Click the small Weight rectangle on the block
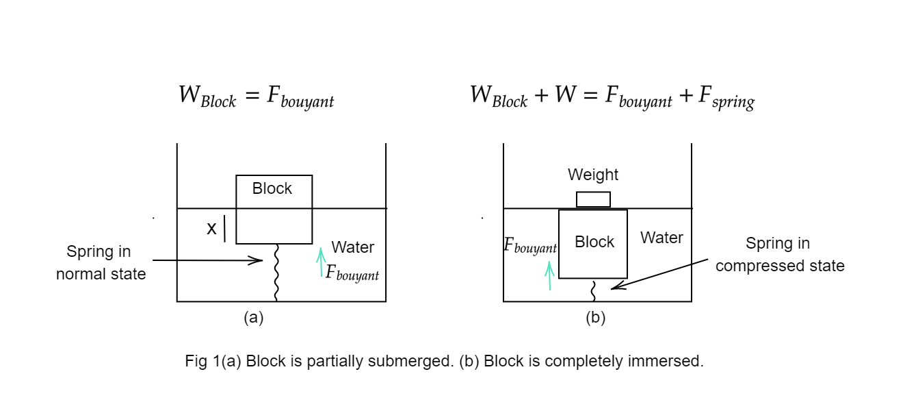point(593,199)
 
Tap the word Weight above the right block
point(593,175)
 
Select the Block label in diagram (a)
point(272,188)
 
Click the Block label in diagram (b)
point(594,242)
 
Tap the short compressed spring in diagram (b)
point(594,290)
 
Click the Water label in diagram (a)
point(353,247)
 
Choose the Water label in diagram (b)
point(661,238)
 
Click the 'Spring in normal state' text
point(100,263)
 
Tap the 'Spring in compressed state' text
point(780,255)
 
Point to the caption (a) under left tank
point(254,318)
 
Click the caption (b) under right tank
point(596,318)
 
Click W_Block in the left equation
point(207,97)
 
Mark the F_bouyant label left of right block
point(530,246)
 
